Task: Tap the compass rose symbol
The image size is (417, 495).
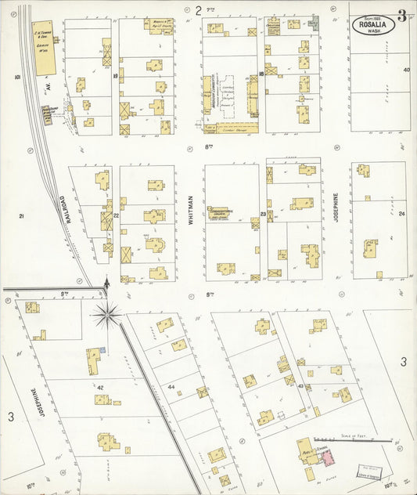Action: tap(106, 316)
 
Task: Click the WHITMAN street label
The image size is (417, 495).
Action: tap(190, 212)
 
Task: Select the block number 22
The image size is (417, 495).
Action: tap(115, 214)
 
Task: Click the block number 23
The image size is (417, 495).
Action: tap(263, 213)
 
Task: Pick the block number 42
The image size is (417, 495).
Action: tap(100, 387)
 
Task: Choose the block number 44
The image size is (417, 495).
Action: tap(170, 387)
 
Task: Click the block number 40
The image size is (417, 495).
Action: tap(406, 70)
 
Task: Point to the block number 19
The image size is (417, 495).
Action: tap(115, 76)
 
